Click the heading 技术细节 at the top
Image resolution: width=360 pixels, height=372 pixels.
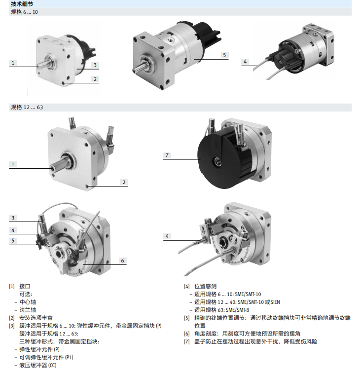click(23, 4)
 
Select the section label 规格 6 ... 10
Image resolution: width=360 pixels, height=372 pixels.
click(24, 11)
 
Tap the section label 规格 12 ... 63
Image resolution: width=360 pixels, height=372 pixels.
click(27, 107)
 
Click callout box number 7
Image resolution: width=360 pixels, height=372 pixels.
click(168, 155)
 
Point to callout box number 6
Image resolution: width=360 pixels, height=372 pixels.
click(123, 260)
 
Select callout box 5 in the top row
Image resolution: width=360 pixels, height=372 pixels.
click(224, 55)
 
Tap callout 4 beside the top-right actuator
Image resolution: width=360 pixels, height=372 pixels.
click(245, 62)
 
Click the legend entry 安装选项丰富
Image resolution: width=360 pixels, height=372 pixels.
click(36, 318)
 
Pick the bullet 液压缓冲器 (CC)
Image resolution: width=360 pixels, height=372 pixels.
click(38, 365)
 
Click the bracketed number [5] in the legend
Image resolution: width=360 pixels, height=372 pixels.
click(186, 318)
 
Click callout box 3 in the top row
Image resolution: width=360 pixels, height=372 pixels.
click(95, 65)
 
